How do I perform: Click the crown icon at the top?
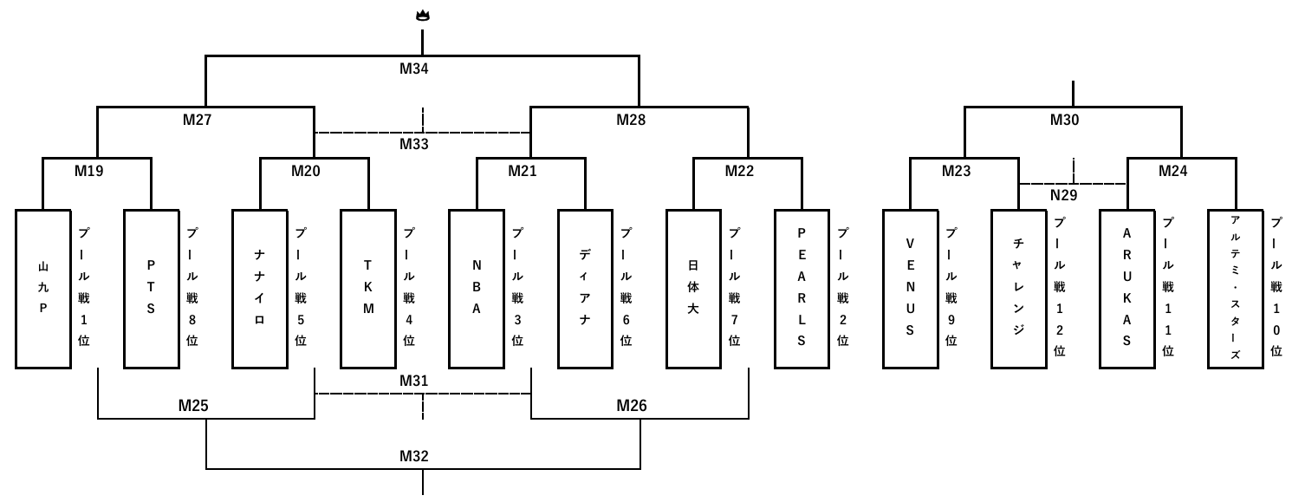click(422, 15)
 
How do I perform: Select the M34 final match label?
click(414, 69)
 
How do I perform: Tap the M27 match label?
click(197, 121)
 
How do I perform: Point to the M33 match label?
click(414, 145)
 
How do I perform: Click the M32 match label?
click(414, 456)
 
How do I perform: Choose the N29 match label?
click(1064, 196)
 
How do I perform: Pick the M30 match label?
click(1065, 121)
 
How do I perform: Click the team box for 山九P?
click(42, 289)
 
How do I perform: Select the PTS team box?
click(151, 289)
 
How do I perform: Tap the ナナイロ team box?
click(259, 289)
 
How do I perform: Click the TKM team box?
click(368, 289)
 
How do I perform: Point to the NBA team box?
click(477, 289)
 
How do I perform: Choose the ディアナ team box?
click(585, 289)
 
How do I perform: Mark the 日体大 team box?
click(693, 289)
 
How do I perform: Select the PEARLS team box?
click(802, 289)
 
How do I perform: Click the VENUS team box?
click(910, 289)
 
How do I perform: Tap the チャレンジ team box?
click(1018, 289)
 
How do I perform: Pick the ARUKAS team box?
click(1126, 289)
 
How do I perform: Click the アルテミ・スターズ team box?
click(1235, 289)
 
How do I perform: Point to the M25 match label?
click(193, 405)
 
